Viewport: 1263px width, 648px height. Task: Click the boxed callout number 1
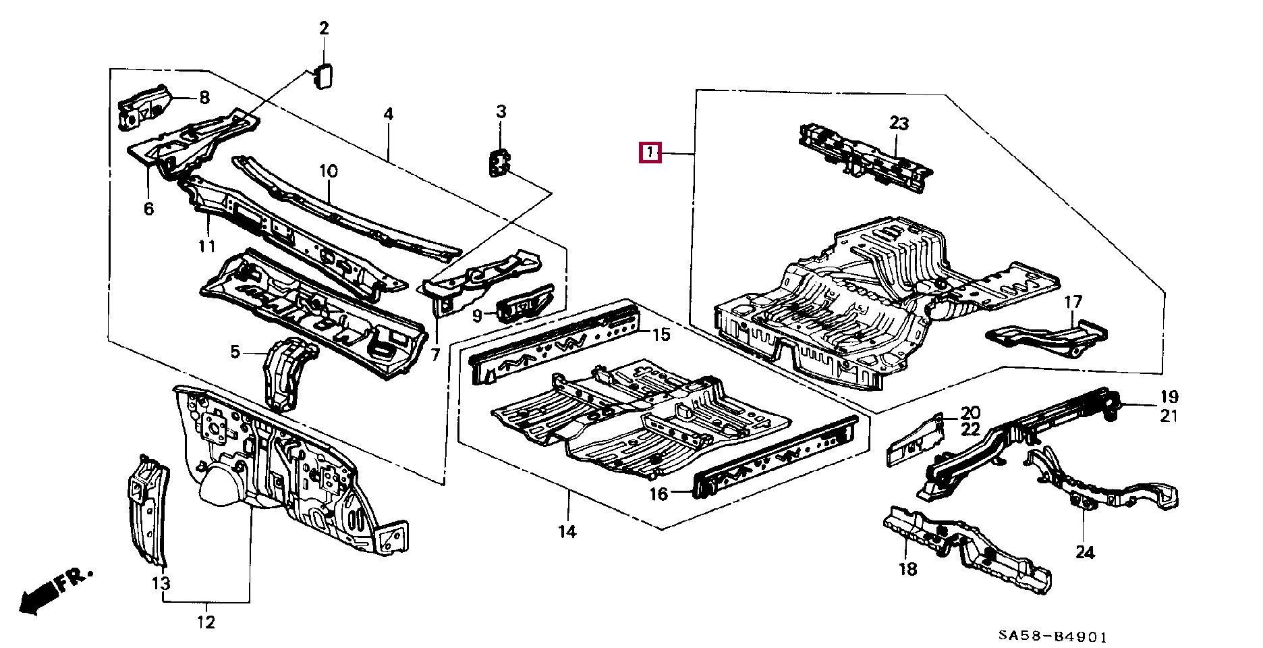point(650,153)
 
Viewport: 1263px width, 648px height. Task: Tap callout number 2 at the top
point(324,28)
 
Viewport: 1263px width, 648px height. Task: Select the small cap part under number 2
point(322,76)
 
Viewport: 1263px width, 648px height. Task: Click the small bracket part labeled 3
point(499,163)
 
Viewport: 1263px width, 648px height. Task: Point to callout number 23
point(899,124)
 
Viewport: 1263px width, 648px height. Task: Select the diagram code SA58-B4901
point(1053,637)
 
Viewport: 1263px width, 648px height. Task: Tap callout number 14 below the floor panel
point(567,532)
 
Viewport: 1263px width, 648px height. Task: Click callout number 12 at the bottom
point(206,622)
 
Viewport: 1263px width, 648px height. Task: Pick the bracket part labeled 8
point(144,108)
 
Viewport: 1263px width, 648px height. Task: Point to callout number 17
point(1073,302)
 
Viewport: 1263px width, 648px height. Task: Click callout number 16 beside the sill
point(658,494)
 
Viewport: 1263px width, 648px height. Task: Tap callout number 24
point(1084,552)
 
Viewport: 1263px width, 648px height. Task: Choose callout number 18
point(907,569)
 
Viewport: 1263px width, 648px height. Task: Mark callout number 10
point(328,171)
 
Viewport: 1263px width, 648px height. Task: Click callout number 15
point(661,334)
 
